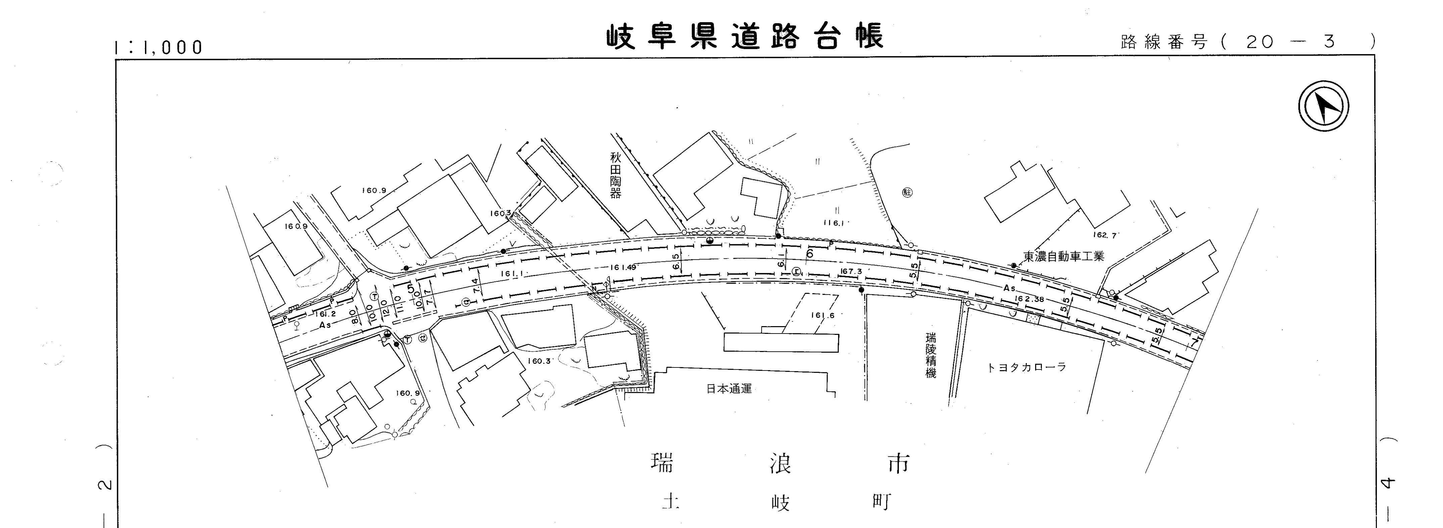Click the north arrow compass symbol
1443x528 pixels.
[1323, 106]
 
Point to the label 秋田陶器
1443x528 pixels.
[616, 175]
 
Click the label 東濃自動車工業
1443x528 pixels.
[1064, 257]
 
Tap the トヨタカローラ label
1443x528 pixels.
[1026, 368]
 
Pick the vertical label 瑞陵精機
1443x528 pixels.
[930, 355]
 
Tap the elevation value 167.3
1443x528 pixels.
[851, 271]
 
